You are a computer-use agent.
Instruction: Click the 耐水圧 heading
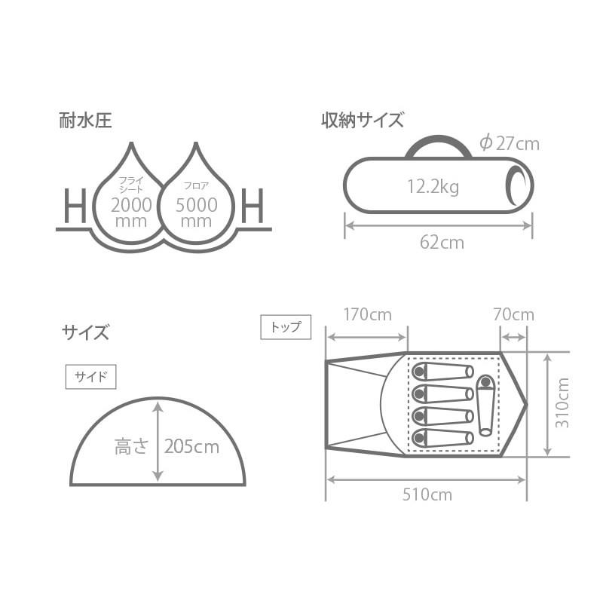pos(85,121)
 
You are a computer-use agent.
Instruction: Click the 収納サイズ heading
pos(363,121)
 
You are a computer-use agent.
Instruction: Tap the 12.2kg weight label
pos(433,187)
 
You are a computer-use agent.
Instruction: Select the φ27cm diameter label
pos(510,142)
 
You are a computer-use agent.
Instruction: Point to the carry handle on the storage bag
pos(438,145)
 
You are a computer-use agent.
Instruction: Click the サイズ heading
pos(85,332)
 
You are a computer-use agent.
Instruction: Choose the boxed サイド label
pos(91,377)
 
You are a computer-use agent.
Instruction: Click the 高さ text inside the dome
pos(132,446)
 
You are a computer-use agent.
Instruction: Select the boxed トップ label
pos(285,326)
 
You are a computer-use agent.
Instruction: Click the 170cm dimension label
pos(367,314)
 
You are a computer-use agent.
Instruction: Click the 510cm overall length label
pos(427,494)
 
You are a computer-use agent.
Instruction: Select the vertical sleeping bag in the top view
pos(485,406)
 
